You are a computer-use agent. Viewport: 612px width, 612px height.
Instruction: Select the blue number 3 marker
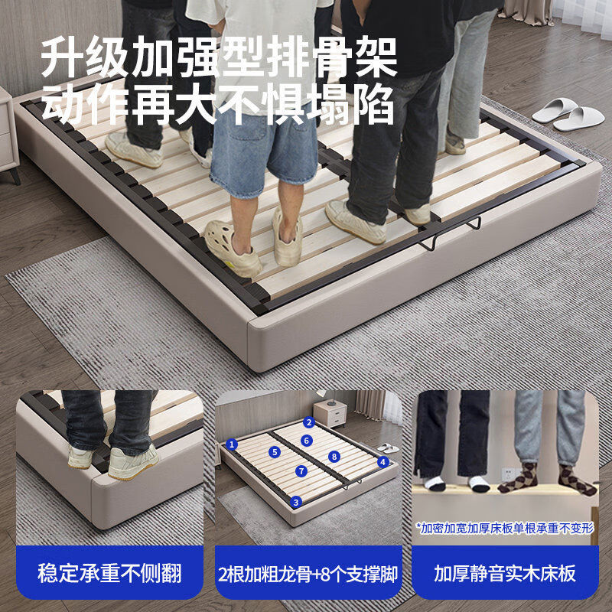(x=295, y=502)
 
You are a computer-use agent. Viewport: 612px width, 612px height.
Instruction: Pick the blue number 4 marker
(x=383, y=461)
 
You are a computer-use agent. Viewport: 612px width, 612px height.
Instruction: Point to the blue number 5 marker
(x=275, y=452)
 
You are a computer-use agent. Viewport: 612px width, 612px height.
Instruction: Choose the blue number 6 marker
(x=306, y=440)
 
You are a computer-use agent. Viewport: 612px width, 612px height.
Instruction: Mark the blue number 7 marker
(x=302, y=470)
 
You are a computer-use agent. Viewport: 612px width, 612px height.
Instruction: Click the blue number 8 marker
(x=334, y=456)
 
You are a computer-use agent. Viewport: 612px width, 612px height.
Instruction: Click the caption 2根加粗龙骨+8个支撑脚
(x=308, y=573)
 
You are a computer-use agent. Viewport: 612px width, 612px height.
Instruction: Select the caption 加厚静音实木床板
(x=505, y=573)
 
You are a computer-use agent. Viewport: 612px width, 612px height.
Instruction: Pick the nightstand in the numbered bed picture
(x=331, y=413)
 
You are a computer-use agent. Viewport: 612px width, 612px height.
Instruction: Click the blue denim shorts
(x=252, y=153)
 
